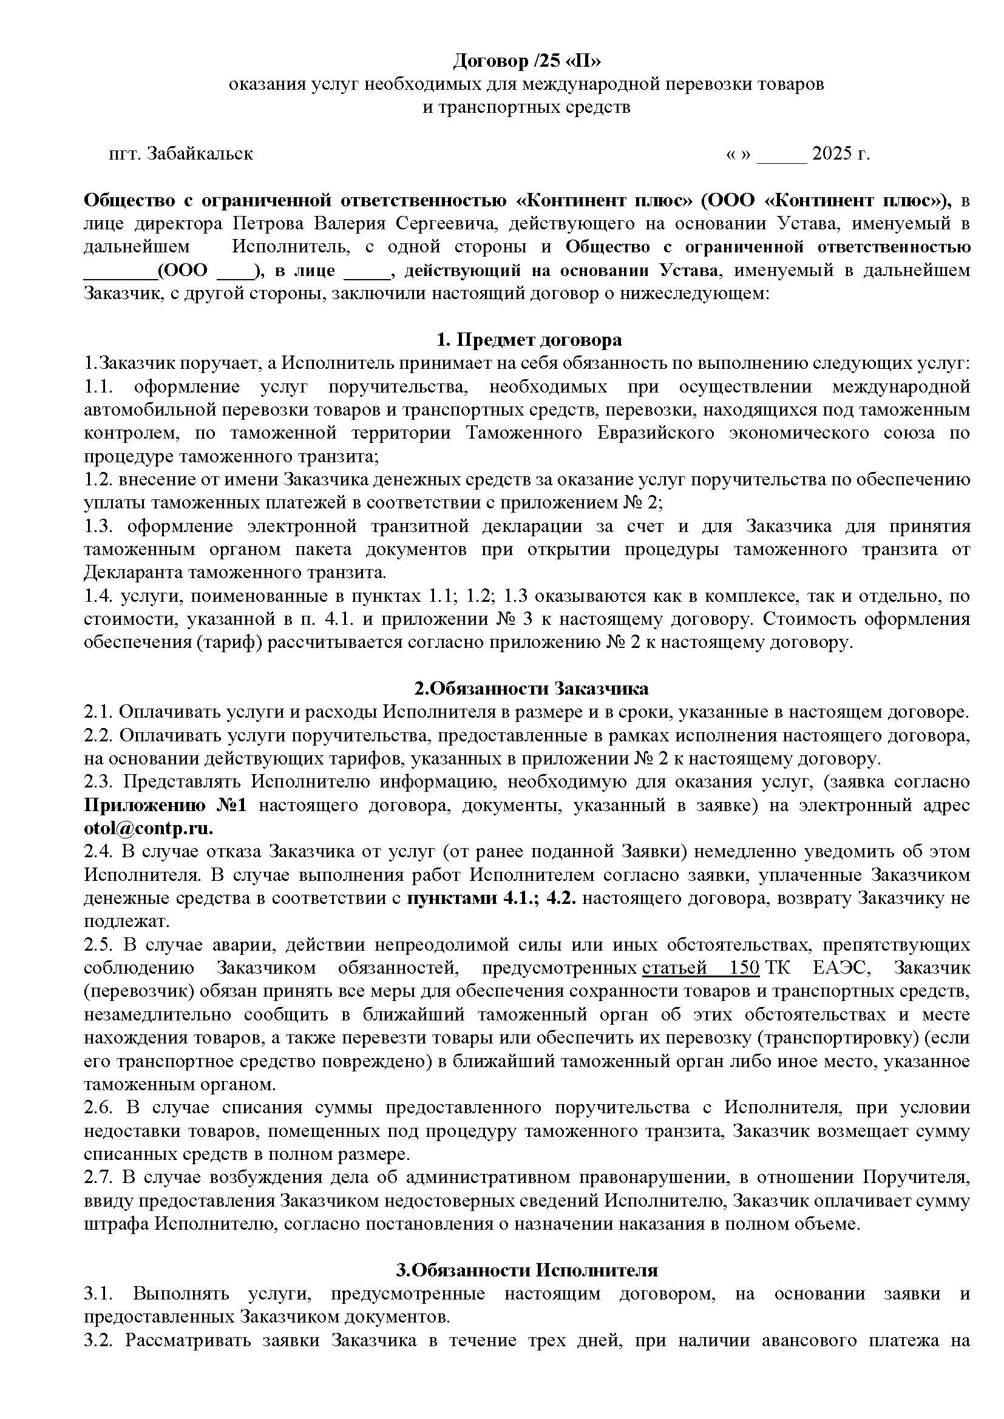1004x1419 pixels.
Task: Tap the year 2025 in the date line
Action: [832, 153]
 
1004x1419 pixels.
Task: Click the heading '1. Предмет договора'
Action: [529, 340]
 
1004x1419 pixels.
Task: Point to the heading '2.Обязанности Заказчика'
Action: [531, 689]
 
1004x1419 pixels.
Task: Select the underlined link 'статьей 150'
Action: [700, 968]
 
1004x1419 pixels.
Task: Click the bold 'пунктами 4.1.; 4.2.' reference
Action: [492, 898]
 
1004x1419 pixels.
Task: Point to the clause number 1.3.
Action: [100, 527]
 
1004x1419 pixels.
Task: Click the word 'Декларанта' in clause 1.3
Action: [135, 573]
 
